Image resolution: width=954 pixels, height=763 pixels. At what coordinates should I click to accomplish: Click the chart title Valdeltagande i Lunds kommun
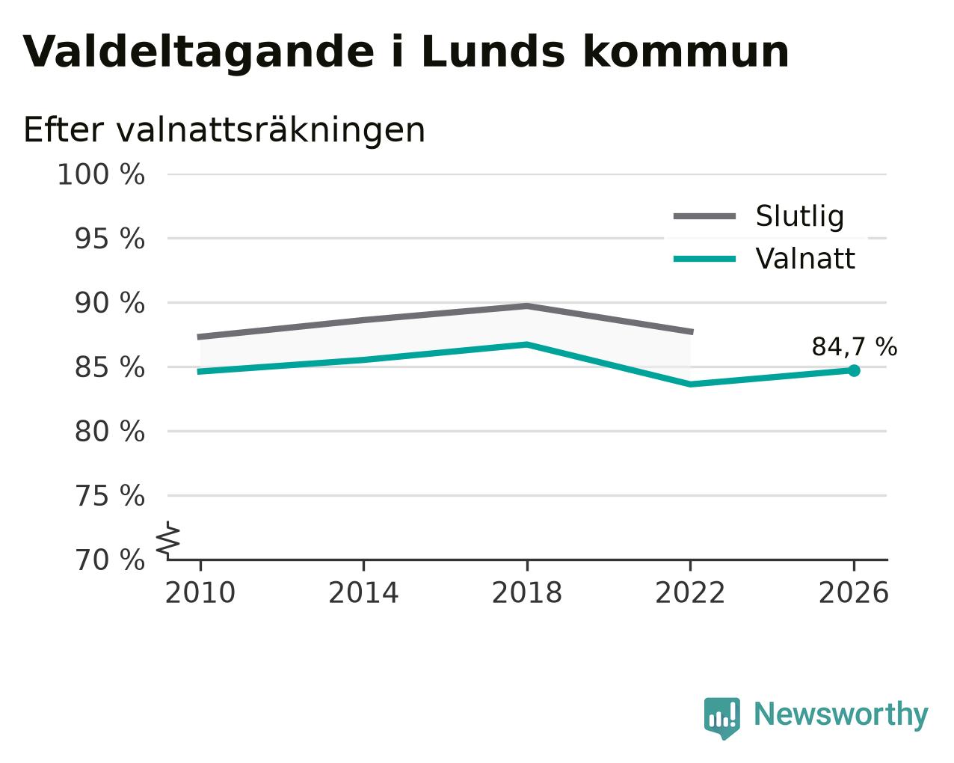click(x=406, y=53)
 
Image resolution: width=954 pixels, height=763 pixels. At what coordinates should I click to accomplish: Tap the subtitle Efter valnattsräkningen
click(x=224, y=130)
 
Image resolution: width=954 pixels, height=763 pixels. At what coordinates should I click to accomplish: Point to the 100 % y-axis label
click(x=101, y=174)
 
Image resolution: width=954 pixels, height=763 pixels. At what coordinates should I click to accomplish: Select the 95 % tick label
click(x=109, y=239)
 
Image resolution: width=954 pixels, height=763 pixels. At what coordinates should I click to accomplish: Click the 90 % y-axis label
click(x=109, y=303)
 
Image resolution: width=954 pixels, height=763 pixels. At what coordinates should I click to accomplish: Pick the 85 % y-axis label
click(x=109, y=367)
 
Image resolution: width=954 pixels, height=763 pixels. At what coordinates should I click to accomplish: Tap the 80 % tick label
click(x=109, y=431)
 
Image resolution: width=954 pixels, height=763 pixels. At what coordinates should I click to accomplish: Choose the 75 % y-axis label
click(x=109, y=495)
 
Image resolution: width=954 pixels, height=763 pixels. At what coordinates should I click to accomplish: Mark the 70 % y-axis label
click(x=109, y=560)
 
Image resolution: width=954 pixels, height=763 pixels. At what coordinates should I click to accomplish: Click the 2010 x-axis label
click(x=200, y=593)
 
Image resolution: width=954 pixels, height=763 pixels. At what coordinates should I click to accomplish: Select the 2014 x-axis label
click(x=363, y=593)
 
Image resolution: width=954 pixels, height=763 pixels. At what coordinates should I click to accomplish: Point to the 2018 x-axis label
click(x=527, y=593)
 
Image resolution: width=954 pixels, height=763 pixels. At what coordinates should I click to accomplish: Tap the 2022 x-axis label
click(x=690, y=593)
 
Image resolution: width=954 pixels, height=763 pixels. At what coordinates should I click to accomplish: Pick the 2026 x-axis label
click(x=854, y=593)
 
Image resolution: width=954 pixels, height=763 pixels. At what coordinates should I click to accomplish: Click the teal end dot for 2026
click(x=854, y=370)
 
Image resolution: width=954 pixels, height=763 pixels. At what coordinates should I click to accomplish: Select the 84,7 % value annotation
click(x=855, y=347)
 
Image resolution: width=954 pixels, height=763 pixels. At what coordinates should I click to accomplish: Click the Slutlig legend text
click(x=800, y=216)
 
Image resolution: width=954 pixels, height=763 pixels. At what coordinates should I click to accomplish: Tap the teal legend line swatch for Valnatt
click(x=704, y=259)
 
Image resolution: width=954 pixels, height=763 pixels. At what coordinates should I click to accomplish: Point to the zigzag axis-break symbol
click(x=168, y=539)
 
